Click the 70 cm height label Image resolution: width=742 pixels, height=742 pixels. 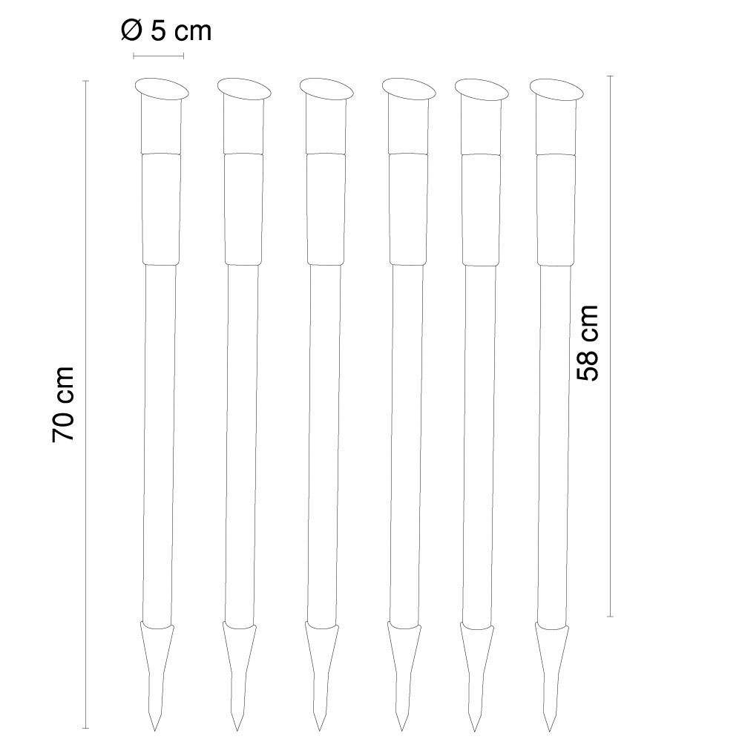[x=64, y=404]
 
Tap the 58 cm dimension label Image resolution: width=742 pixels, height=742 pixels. [x=588, y=343]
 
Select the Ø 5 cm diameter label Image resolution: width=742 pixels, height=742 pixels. [x=165, y=30]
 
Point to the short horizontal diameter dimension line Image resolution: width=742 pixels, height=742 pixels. [x=158, y=56]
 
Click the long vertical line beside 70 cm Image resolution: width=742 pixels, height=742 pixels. [x=86, y=404]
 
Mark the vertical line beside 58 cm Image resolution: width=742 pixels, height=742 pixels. [x=610, y=345]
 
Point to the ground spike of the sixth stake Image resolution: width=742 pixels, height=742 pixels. [x=553, y=668]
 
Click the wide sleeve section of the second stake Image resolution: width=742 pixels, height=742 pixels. [x=243, y=208]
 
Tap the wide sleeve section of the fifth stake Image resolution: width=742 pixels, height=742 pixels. [x=481, y=208]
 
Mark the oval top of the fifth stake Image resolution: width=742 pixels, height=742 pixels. [x=481, y=88]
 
